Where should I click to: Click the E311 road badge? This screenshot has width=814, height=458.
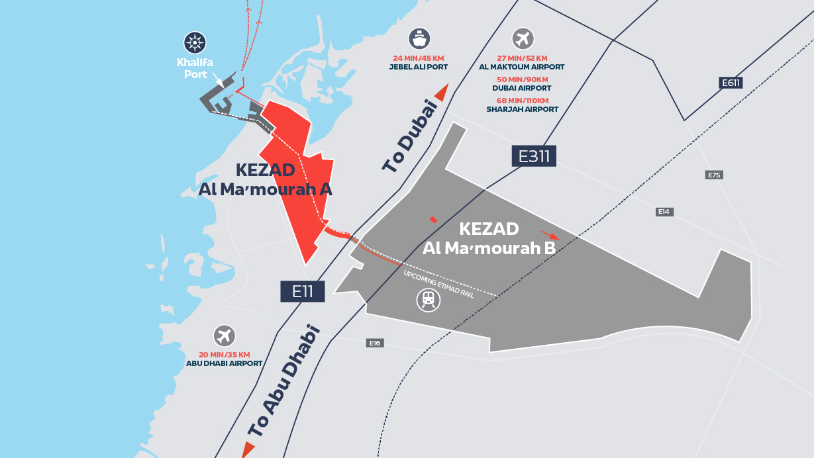(x=534, y=156)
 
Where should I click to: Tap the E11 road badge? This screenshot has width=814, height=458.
(x=302, y=291)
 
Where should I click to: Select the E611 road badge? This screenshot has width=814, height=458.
(x=731, y=83)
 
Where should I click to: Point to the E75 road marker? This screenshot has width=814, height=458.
(x=714, y=175)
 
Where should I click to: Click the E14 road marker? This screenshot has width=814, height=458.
(x=664, y=212)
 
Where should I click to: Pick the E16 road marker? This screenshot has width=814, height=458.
(x=375, y=343)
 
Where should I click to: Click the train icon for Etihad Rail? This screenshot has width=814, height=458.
(x=428, y=300)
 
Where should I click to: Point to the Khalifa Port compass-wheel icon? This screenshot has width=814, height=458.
(x=195, y=43)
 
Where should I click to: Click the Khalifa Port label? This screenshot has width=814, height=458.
(x=192, y=69)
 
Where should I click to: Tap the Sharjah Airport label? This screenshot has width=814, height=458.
(x=522, y=109)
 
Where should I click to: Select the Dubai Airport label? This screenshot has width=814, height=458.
(x=522, y=88)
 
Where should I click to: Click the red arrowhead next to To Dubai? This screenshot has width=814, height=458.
(x=441, y=93)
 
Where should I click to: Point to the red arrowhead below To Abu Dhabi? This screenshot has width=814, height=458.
(x=248, y=450)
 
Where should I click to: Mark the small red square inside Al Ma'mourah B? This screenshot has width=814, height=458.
(x=433, y=219)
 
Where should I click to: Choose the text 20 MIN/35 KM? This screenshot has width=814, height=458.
(x=225, y=355)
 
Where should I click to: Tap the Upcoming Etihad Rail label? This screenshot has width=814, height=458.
(x=438, y=283)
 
